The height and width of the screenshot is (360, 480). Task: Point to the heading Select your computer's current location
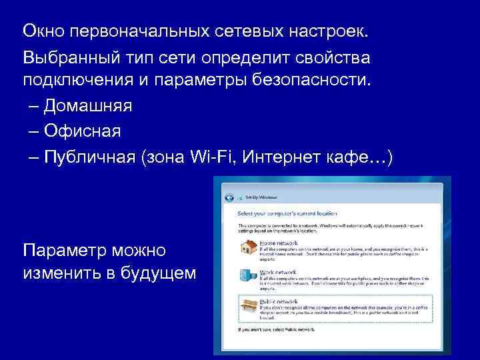point(287,213)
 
